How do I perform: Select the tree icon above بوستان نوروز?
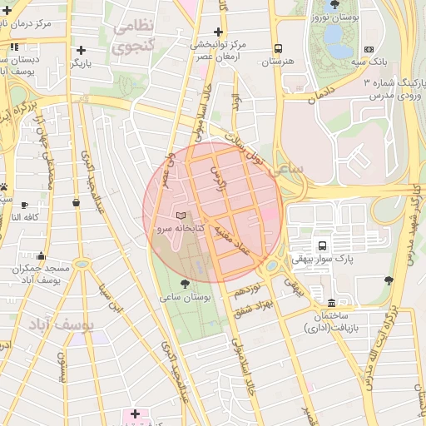(x=334, y=5)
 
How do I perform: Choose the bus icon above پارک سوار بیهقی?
(x=320, y=245)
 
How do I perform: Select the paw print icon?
(x=4, y=187)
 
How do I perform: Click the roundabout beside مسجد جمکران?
(x=82, y=264)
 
